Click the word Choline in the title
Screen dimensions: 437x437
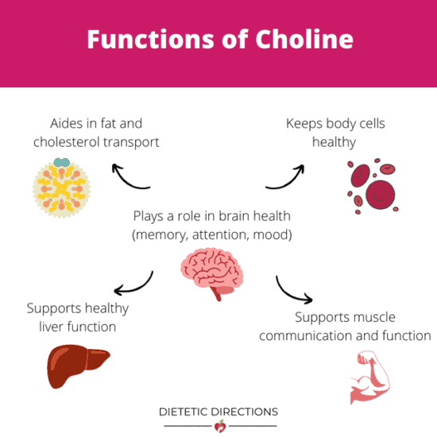[304, 39]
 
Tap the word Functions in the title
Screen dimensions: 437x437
[150, 39]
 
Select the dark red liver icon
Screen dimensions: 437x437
[79, 365]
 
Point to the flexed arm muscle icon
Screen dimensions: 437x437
[369, 377]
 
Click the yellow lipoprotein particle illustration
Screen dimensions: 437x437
[62, 188]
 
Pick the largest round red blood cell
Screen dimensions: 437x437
[381, 195]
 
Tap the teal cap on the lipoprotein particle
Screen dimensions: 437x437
[62, 162]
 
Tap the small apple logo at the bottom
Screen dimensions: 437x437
[220, 426]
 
